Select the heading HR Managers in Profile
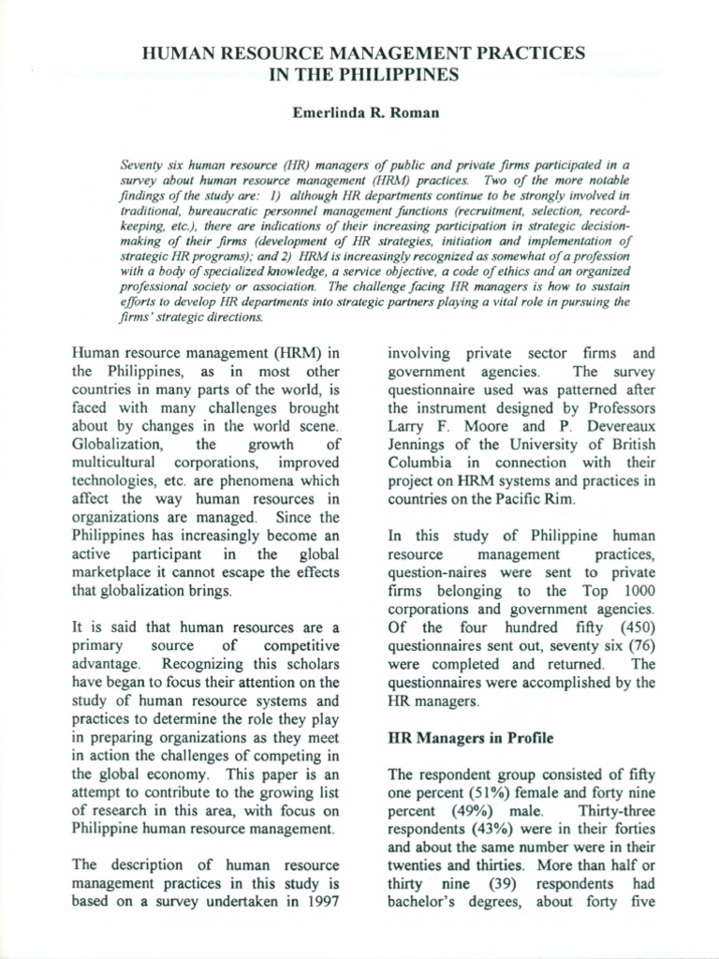(x=470, y=738)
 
